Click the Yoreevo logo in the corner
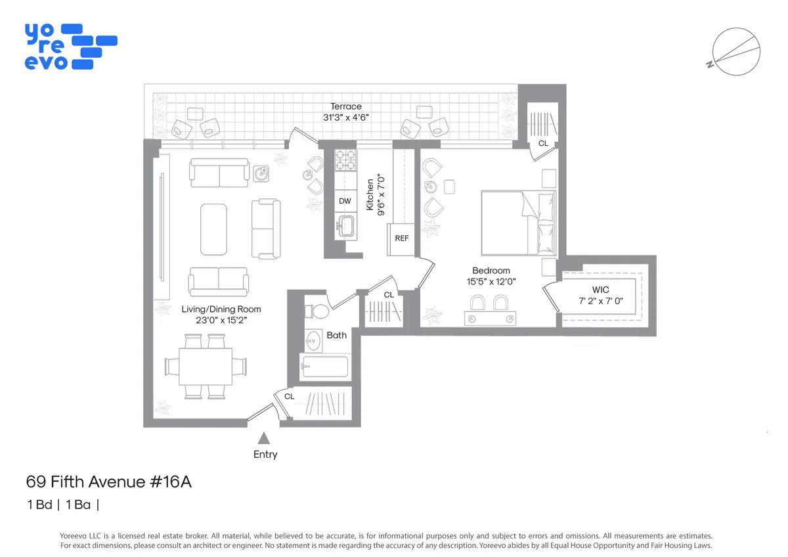click(70, 47)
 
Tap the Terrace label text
click(346, 106)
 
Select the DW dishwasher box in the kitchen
click(345, 202)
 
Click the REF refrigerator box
click(401, 238)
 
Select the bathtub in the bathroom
click(326, 367)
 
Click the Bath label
click(336, 335)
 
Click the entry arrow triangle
click(264, 438)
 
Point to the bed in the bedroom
click(519, 222)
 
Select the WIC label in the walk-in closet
click(600, 290)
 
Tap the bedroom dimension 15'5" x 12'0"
click(491, 282)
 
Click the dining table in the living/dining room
click(206, 366)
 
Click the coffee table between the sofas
click(213, 229)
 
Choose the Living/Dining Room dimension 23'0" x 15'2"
click(221, 321)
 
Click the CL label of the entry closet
click(289, 397)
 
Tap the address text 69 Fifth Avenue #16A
click(108, 482)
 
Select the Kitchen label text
click(370, 194)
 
